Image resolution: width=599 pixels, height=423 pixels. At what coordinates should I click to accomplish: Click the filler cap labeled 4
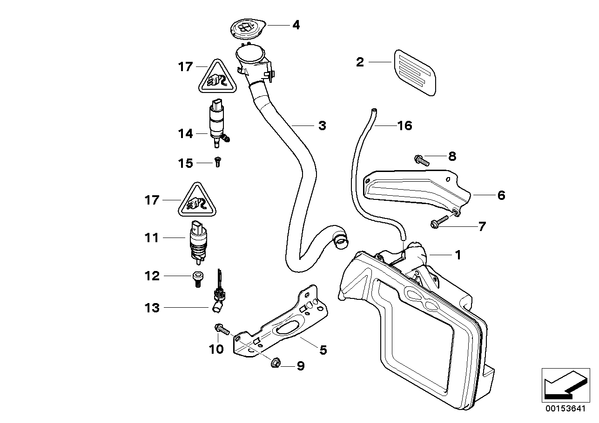click(248, 29)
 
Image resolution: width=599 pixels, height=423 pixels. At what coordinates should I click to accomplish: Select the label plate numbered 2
click(416, 72)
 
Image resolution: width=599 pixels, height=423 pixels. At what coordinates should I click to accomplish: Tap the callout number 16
click(404, 126)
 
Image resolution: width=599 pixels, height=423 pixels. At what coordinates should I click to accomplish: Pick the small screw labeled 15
click(217, 163)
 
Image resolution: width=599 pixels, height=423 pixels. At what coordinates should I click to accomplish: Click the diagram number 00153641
click(564, 410)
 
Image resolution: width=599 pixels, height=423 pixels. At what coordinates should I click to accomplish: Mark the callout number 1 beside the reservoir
click(458, 255)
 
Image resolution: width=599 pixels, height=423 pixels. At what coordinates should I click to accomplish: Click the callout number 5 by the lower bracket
click(323, 350)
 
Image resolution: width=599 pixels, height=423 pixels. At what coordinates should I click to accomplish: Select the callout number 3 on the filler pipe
click(322, 126)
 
